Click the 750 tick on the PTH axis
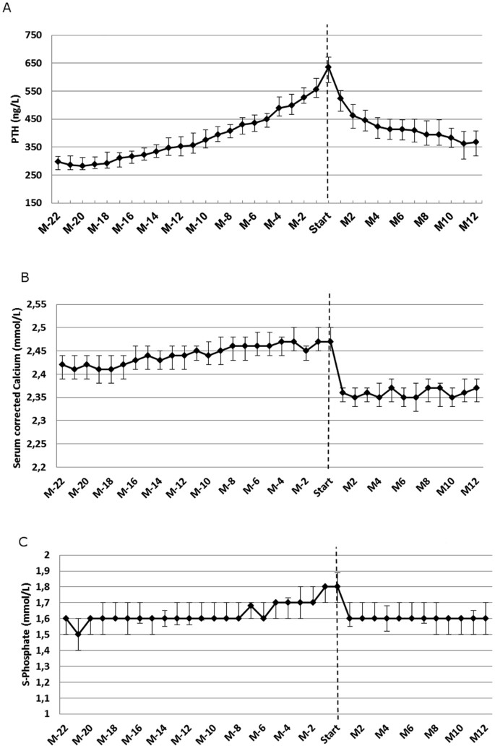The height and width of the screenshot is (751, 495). (34, 36)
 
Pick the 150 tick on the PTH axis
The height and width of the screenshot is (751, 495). (34, 203)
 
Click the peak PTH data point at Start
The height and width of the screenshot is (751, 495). (328, 68)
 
